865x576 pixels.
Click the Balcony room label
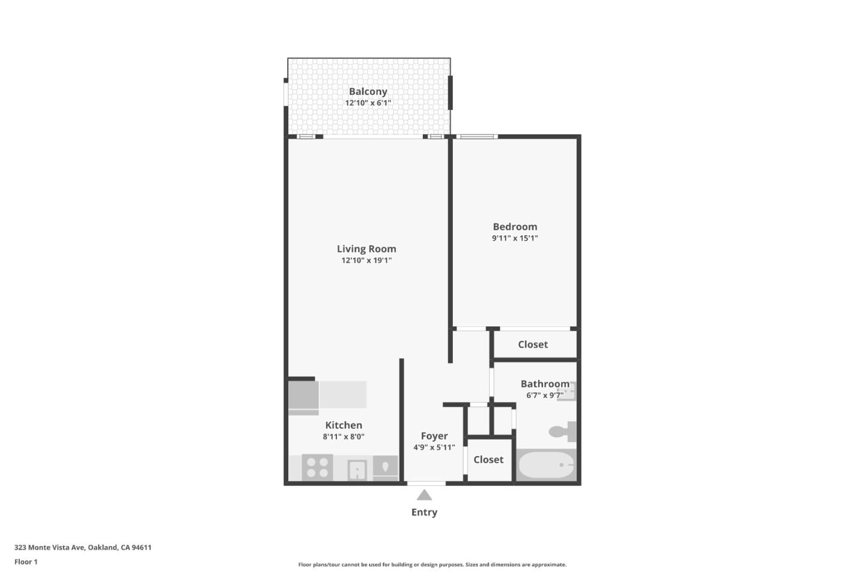click(368, 91)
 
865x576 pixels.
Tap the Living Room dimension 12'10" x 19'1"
click(366, 260)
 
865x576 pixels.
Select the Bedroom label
click(515, 226)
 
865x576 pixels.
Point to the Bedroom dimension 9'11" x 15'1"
click(515, 238)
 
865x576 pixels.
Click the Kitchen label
click(344, 425)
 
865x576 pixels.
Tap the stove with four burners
click(317, 467)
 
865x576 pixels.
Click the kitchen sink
click(357, 469)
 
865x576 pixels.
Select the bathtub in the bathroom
click(546, 466)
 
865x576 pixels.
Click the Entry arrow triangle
click(424, 495)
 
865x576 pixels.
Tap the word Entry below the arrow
click(424, 512)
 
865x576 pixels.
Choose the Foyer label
click(434, 436)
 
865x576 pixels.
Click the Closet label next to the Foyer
click(488, 460)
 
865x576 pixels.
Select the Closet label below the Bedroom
click(533, 344)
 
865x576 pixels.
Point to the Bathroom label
click(545, 384)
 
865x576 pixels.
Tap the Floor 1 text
click(26, 562)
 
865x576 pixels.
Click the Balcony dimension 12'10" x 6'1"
click(368, 103)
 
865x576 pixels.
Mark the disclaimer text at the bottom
click(432, 565)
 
